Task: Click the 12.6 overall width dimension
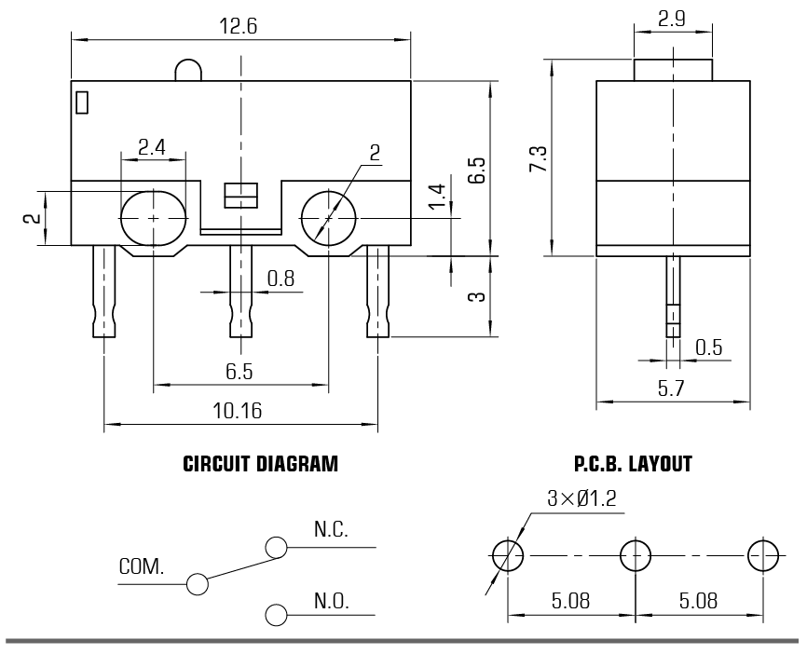point(238,26)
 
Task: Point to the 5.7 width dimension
point(671,389)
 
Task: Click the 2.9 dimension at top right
point(672,18)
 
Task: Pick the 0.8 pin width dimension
point(280,278)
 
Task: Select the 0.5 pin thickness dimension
point(708,347)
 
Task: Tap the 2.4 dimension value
point(153,146)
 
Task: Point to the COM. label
point(142,566)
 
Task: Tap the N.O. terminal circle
point(276,614)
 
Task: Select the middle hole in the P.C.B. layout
point(636,557)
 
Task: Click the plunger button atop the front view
point(187,70)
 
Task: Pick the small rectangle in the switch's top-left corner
point(82,102)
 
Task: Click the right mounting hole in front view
point(328,218)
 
